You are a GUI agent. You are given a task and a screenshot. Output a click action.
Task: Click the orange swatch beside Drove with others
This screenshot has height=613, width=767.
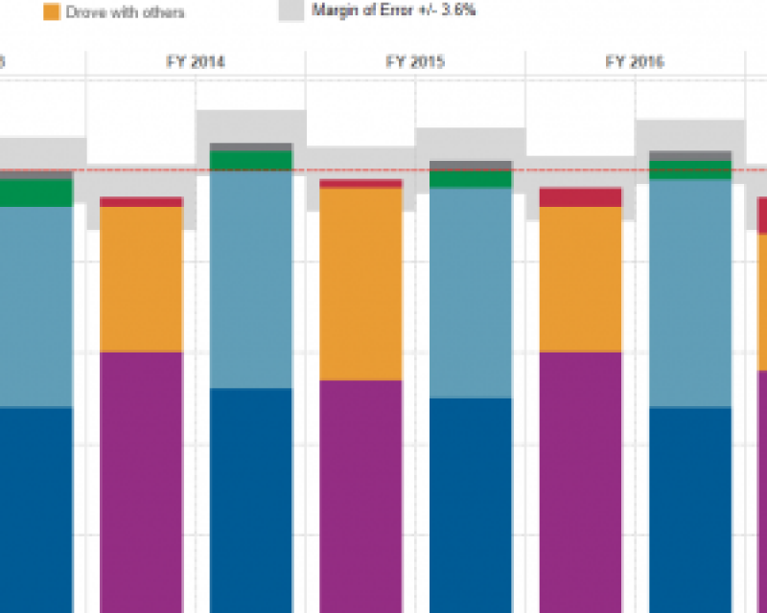(x=50, y=12)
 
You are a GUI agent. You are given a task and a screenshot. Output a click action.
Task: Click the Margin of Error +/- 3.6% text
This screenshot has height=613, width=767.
(x=393, y=11)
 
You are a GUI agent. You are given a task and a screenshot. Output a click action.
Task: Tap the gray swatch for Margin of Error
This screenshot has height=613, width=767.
(x=291, y=11)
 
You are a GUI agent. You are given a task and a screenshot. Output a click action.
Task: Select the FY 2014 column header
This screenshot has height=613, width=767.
(x=196, y=63)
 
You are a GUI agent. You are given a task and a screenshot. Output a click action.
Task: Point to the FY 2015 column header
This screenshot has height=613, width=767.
(x=415, y=63)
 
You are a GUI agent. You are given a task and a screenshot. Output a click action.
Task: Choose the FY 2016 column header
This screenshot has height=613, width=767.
(x=635, y=63)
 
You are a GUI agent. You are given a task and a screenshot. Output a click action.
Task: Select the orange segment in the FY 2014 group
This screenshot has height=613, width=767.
(x=141, y=279)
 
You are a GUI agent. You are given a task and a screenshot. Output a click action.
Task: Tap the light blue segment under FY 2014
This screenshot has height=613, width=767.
(x=250, y=279)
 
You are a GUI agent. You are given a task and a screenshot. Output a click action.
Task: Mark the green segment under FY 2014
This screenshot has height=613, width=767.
(x=250, y=160)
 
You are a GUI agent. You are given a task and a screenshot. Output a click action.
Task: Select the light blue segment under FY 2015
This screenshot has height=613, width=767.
(x=470, y=292)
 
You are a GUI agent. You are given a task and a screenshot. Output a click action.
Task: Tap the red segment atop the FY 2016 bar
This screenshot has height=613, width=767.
(x=580, y=197)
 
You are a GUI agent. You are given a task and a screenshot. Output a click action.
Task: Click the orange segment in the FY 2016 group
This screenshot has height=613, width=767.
(x=580, y=279)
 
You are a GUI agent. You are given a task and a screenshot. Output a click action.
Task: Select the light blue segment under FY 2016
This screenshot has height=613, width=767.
(x=690, y=293)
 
